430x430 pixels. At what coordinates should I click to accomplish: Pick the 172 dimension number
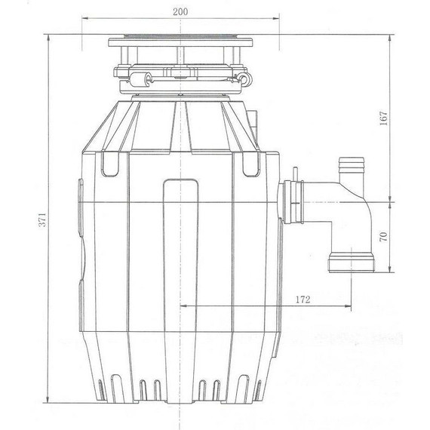302,299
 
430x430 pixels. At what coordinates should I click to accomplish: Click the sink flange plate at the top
183,38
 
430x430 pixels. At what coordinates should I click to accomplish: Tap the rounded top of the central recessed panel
183,181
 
